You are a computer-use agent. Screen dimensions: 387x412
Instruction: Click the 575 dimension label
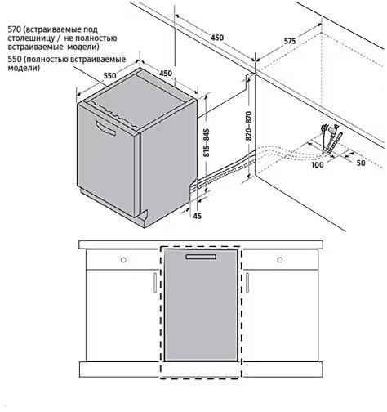(290, 42)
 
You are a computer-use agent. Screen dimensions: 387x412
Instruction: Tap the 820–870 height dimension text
(248, 126)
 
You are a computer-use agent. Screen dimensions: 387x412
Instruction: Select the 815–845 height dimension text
(207, 142)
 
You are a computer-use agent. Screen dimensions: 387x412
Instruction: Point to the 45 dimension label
(197, 216)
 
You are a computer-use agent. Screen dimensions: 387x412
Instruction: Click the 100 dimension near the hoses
(318, 164)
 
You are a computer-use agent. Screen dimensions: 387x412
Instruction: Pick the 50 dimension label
(361, 163)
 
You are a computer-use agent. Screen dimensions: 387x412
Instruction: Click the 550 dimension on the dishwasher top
(110, 75)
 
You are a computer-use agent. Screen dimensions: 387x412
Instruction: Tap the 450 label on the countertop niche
(217, 38)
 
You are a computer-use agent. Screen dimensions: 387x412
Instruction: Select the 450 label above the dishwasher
(166, 74)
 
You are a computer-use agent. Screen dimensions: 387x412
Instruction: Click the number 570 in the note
(14, 29)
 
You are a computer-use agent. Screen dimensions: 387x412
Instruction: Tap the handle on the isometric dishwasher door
(105, 128)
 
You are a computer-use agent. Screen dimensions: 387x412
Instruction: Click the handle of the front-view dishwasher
(201, 257)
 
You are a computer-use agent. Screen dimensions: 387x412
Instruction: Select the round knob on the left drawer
(123, 260)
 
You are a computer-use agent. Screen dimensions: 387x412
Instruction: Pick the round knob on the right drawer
(280, 260)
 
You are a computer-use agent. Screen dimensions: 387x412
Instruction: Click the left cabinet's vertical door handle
(155, 283)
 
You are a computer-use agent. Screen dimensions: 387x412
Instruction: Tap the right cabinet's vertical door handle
(247, 283)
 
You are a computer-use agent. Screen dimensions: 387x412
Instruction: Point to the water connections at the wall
(331, 139)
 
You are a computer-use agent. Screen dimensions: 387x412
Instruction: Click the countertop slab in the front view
(201, 244)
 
